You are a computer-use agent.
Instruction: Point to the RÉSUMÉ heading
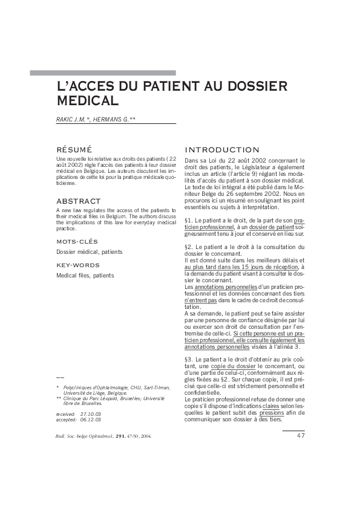coord(74,149)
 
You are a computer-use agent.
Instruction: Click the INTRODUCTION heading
coord(222,150)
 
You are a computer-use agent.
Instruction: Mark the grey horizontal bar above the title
coord(103,73)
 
